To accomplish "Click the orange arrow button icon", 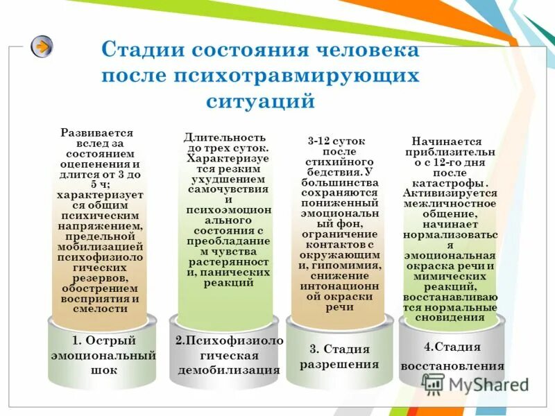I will [42, 47].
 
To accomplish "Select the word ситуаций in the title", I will [261, 101].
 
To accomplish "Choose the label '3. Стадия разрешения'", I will [339, 356].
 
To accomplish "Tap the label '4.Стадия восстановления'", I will [453, 356].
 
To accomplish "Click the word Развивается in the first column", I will [97, 132].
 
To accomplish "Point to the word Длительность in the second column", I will [227, 137].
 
